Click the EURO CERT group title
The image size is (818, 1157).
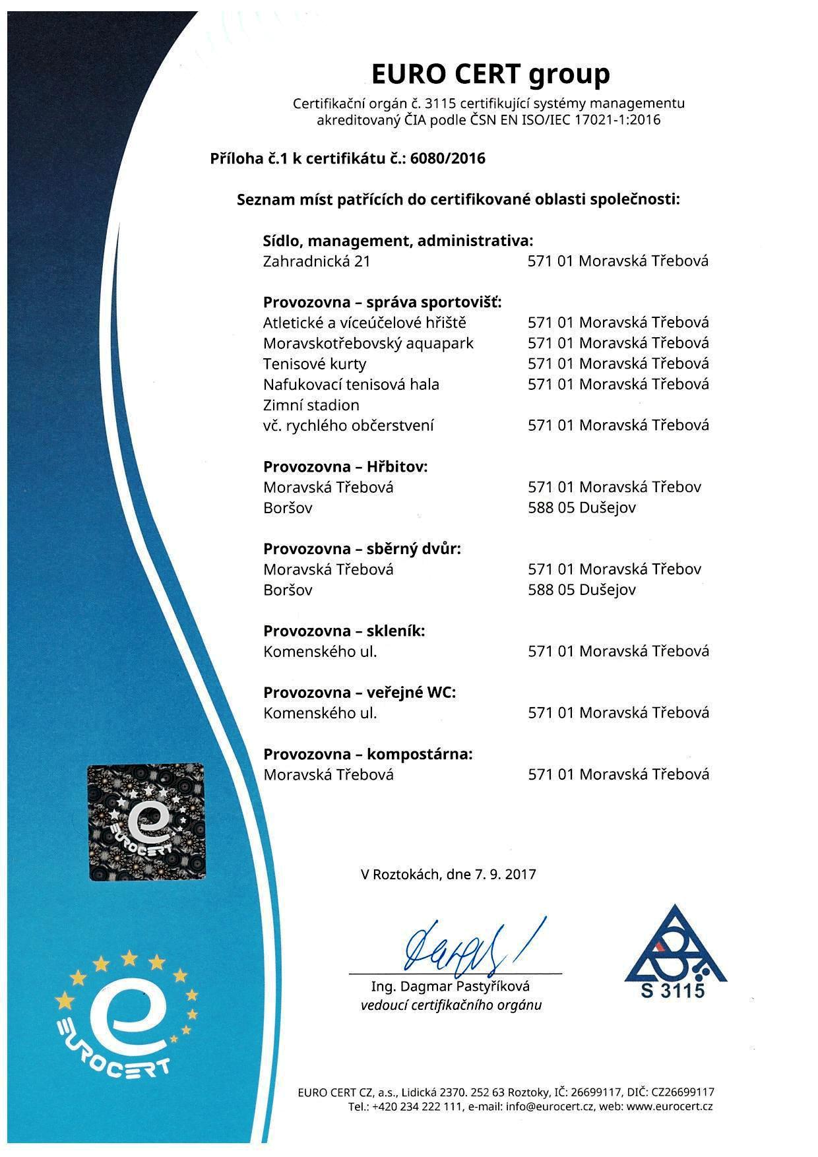pyautogui.click(x=490, y=74)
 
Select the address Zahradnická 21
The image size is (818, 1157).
pyautogui.click(x=317, y=261)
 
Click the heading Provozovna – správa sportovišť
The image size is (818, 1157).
pyautogui.click(x=383, y=302)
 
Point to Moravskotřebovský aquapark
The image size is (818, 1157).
pyautogui.click(x=368, y=344)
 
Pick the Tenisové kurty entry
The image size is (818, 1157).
pyautogui.click(x=315, y=364)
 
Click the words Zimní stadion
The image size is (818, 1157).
pyautogui.click(x=311, y=405)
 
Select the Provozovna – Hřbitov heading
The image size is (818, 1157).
pyautogui.click(x=346, y=466)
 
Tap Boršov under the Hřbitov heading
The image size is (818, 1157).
pyautogui.click(x=288, y=508)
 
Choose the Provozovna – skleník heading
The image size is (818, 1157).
pyautogui.click(x=344, y=631)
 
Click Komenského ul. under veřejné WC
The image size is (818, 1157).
pyautogui.click(x=320, y=713)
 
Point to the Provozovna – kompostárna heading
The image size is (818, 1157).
pyautogui.click(x=367, y=754)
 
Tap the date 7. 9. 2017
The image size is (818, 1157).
pyautogui.click(x=505, y=875)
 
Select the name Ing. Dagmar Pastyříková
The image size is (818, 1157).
pyautogui.click(x=451, y=987)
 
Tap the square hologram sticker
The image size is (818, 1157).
pyautogui.click(x=146, y=822)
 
